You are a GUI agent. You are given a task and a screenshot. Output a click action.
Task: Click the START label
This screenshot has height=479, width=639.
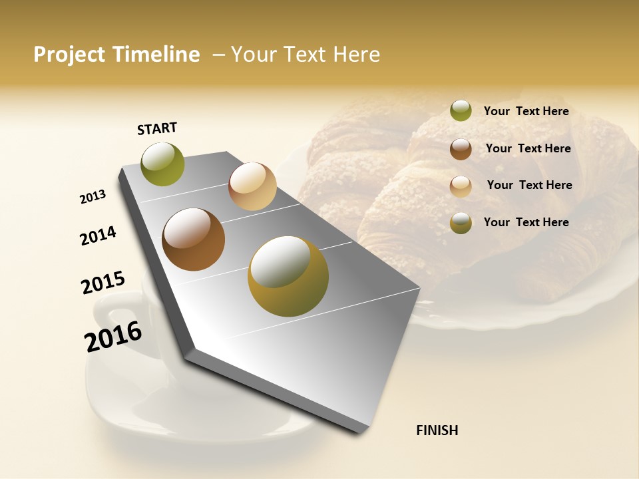[157, 128]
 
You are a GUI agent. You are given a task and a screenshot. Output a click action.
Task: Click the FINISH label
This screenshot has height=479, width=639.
[437, 430]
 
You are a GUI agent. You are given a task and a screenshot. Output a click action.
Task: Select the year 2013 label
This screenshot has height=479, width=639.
[93, 197]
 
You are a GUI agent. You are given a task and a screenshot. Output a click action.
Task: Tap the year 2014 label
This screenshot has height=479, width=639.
[98, 236]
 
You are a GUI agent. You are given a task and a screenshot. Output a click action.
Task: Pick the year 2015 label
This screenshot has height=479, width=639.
[103, 282]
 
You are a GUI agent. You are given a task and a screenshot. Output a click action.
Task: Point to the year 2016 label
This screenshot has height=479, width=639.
[113, 337]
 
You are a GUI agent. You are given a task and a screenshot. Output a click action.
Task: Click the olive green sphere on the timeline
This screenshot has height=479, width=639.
[162, 164]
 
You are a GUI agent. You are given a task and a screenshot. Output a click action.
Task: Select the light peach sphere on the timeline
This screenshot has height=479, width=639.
[252, 186]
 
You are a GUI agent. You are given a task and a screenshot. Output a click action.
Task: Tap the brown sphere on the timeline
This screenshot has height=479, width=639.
[194, 239]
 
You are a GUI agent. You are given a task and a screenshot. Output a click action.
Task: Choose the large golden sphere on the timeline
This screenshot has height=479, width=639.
[288, 276]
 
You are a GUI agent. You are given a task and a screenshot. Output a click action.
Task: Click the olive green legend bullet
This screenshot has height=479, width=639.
[461, 111]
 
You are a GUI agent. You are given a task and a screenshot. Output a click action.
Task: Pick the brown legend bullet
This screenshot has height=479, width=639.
[461, 149]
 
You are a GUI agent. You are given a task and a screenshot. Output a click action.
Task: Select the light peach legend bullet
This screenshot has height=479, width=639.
[461, 186]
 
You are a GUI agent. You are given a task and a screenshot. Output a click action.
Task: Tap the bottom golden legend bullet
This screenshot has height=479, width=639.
[461, 223]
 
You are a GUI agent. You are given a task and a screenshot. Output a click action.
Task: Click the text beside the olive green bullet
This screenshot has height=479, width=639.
[526, 111]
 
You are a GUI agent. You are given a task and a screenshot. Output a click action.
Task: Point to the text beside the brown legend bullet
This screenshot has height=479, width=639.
[528, 148]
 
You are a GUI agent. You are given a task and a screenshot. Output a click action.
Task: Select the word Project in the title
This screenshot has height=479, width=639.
[70, 55]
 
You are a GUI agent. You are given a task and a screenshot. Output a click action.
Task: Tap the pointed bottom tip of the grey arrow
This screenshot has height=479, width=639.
[359, 432]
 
